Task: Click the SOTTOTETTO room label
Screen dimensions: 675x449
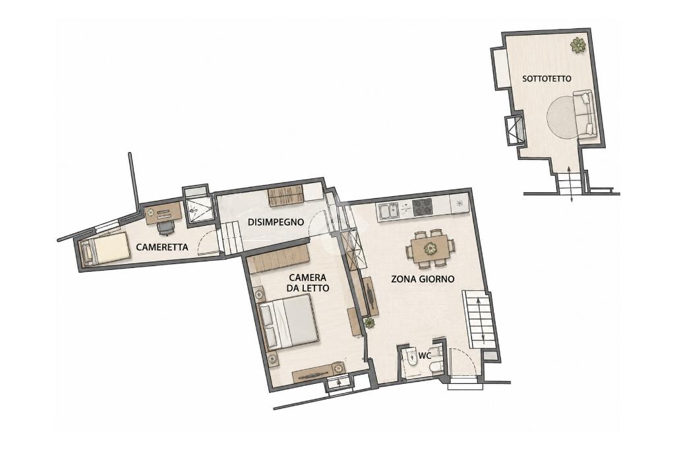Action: [x=546, y=79]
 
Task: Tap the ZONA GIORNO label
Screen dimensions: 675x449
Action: [x=423, y=278]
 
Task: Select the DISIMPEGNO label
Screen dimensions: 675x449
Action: [x=276, y=222]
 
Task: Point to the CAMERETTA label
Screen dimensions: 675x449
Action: [x=162, y=247]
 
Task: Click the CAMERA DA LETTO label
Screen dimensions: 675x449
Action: [x=308, y=282]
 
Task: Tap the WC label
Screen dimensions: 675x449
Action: [x=425, y=356]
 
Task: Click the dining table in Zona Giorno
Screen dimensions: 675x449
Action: [x=430, y=248]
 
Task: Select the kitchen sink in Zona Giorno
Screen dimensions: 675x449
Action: [x=391, y=211]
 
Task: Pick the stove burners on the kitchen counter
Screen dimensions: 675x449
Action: [x=423, y=208]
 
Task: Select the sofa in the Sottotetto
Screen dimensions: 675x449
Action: [x=585, y=115]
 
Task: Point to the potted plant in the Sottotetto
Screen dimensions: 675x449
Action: [x=577, y=45]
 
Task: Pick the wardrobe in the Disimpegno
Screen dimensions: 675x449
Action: [x=286, y=197]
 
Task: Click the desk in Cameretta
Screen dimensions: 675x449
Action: [x=163, y=213]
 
